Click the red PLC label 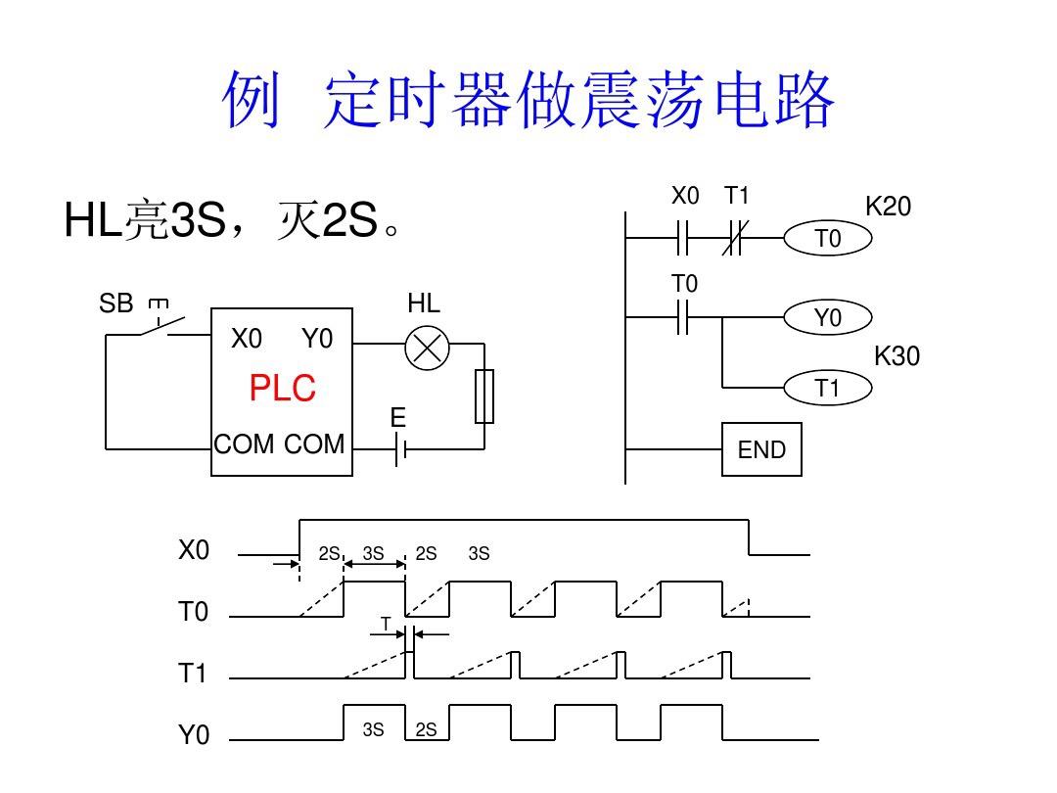(282, 389)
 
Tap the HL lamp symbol (427, 349)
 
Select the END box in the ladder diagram (761, 449)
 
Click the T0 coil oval (827, 238)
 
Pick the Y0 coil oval (827, 317)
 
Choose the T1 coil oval (827, 389)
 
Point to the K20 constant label (888, 207)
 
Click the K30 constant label (896, 356)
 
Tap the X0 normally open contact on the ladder (684, 237)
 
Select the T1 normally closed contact (736, 237)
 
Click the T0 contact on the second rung (684, 317)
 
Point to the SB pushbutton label (115, 303)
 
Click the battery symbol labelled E (399, 449)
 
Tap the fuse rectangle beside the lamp (484, 396)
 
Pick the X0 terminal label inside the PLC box (247, 339)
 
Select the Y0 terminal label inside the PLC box (317, 339)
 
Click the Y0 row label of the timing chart (194, 735)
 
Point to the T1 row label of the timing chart (193, 674)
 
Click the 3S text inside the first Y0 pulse (373, 729)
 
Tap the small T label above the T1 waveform (386, 624)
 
